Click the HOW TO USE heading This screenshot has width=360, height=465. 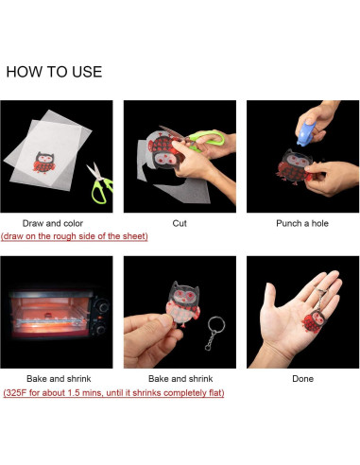(54, 72)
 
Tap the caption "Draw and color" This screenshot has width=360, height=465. (53, 223)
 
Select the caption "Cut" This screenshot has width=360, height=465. (180, 223)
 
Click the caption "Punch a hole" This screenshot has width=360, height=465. (302, 223)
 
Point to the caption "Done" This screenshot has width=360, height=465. (302, 379)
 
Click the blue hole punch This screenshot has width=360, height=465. (306, 134)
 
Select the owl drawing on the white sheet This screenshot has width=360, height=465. (44, 163)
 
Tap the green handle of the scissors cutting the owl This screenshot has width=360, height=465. (208, 139)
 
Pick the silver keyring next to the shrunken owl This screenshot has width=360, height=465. (215, 334)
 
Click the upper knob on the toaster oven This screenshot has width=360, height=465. (103, 305)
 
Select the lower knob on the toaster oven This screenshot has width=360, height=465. (100, 330)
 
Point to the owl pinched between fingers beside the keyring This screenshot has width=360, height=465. (183, 304)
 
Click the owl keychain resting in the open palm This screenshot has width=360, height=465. (314, 320)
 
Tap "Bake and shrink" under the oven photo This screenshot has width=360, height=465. (59, 379)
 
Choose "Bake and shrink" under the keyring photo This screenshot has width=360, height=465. (180, 379)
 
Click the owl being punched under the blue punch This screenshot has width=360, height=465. (295, 167)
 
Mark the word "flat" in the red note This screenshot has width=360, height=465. (215, 393)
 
